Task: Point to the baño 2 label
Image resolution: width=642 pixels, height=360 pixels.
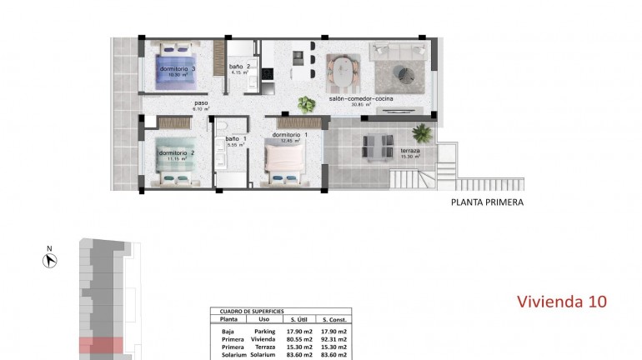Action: (239, 67)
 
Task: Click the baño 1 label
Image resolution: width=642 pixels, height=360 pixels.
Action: (233, 138)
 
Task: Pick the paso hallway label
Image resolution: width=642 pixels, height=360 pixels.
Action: (200, 103)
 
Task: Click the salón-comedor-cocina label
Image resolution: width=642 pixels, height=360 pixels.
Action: (361, 99)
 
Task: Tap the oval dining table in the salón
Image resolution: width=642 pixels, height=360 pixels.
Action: (340, 73)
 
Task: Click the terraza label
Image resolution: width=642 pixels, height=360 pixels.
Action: (410, 151)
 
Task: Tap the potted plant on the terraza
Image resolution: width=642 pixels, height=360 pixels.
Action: (423, 132)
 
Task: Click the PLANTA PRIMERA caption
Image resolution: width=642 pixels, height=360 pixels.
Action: (487, 202)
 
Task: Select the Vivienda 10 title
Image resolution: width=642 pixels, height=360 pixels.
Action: (562, 301)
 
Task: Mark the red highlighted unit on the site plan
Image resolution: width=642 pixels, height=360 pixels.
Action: (101, 345)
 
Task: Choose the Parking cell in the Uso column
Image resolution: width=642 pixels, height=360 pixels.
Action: (263, 331)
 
